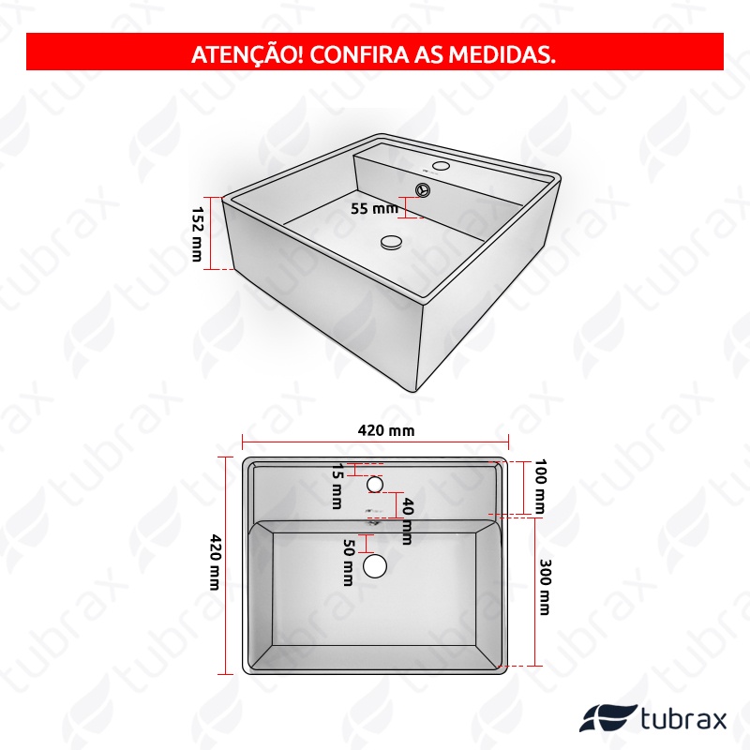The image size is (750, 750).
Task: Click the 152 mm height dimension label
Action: point(197,233)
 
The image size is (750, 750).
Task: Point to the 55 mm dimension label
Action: point(374,208)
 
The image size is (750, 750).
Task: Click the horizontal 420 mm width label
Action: point(386,430)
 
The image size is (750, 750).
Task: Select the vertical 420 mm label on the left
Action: point(216,562)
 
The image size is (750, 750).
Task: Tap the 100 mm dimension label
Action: point(540,486)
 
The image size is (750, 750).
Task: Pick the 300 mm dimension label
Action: point(545,587)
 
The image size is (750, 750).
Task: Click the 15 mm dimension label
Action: point(337,486)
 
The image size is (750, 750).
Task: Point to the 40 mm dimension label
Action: point(407,521)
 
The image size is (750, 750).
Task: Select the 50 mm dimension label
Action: point(348,562)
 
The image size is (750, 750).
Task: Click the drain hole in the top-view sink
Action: point(375,566)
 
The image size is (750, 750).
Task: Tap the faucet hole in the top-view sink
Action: point(375,484)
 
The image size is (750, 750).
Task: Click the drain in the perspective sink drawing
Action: point(392,241)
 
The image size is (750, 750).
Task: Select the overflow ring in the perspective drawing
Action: point(424,189)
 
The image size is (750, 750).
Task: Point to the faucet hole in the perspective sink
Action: point(441,166)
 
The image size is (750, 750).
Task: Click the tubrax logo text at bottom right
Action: point(683,718)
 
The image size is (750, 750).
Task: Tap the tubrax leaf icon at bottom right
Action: point(607,718)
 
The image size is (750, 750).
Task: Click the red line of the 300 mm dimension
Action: point(534,592)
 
